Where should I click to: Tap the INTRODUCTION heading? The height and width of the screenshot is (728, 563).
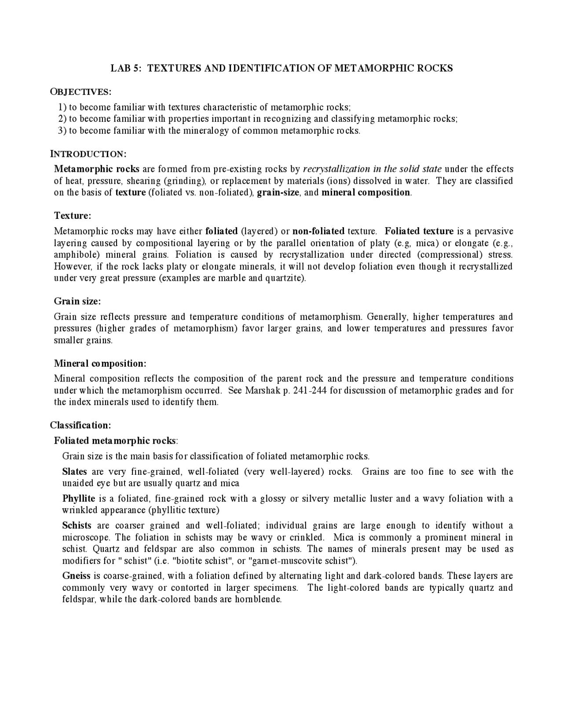coord(88,154)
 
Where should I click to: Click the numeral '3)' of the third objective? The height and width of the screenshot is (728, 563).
coord(62,131)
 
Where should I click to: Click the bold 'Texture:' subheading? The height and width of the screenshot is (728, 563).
coord(73,215)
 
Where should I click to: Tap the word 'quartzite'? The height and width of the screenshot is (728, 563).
coord(285,278)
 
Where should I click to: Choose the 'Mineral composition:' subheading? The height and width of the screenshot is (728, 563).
coord(100,364)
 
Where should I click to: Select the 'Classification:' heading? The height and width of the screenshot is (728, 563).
coord(80,425)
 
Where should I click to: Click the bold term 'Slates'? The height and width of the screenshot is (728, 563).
coord(75,472)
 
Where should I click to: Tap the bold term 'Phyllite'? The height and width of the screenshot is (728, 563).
coord(79,499)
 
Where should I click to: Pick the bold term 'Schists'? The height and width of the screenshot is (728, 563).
coord(77,525)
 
